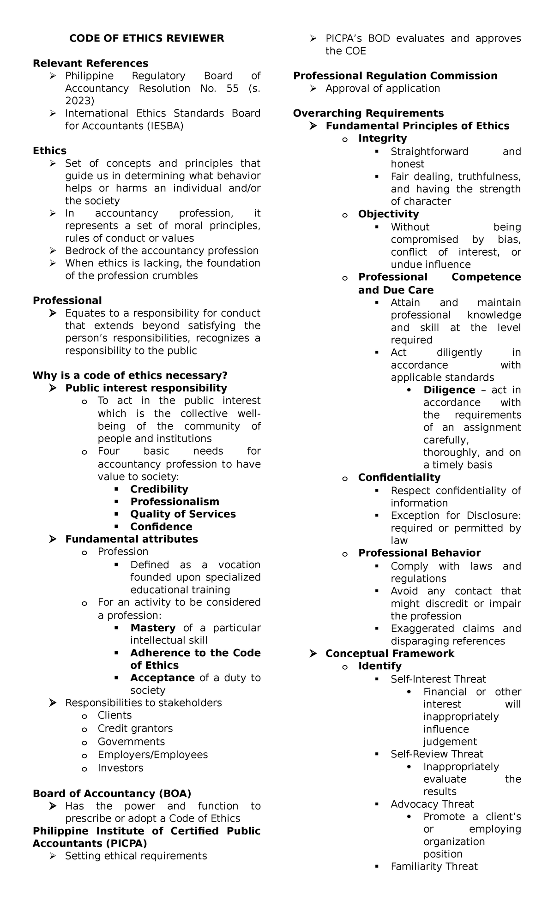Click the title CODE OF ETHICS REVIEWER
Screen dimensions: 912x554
[146, 38]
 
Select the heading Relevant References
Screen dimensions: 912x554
[90, 63]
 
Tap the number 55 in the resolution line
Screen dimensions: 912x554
[232, 88]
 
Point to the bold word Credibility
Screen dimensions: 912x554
[159, 489]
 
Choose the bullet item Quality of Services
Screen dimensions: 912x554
[183, 514]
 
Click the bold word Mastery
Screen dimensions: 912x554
[153, 628]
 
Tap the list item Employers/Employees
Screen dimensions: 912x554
[152, 755]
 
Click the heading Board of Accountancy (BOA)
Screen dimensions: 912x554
[112, 793]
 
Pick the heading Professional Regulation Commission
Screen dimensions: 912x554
[395, 76]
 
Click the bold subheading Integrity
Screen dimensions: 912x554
[382, 138]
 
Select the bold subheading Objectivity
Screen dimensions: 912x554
[388, 214]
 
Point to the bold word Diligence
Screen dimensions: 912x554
[449, 390]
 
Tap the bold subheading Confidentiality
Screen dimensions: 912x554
[399, 477]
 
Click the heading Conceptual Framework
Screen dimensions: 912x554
[390, 654]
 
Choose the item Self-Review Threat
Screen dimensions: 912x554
[437, 754]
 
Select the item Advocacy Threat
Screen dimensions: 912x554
[432, 804]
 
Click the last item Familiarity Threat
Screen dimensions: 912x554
[434, 867]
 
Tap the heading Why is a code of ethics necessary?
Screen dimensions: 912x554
[130, 376]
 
